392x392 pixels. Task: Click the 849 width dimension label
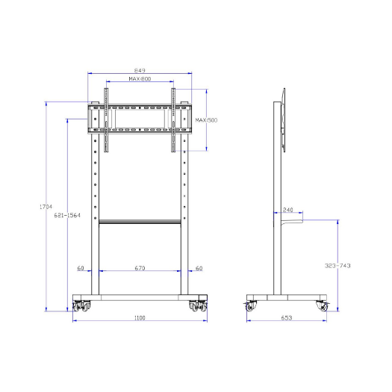[x=140, y=70]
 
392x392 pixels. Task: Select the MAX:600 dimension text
[x=140, y=78]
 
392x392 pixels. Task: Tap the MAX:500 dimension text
[x=206, y=120]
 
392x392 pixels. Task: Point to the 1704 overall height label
[x=46, y=207]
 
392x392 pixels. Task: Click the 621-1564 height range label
[x=67, y=215]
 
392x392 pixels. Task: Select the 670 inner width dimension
[x=140, y=268]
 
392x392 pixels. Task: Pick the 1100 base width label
[x=140, y=318]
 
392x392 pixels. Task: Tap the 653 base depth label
[x=287, y=318]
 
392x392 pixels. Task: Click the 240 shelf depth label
[x=287, y=210]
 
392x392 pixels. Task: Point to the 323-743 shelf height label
[x=337, y=266]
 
